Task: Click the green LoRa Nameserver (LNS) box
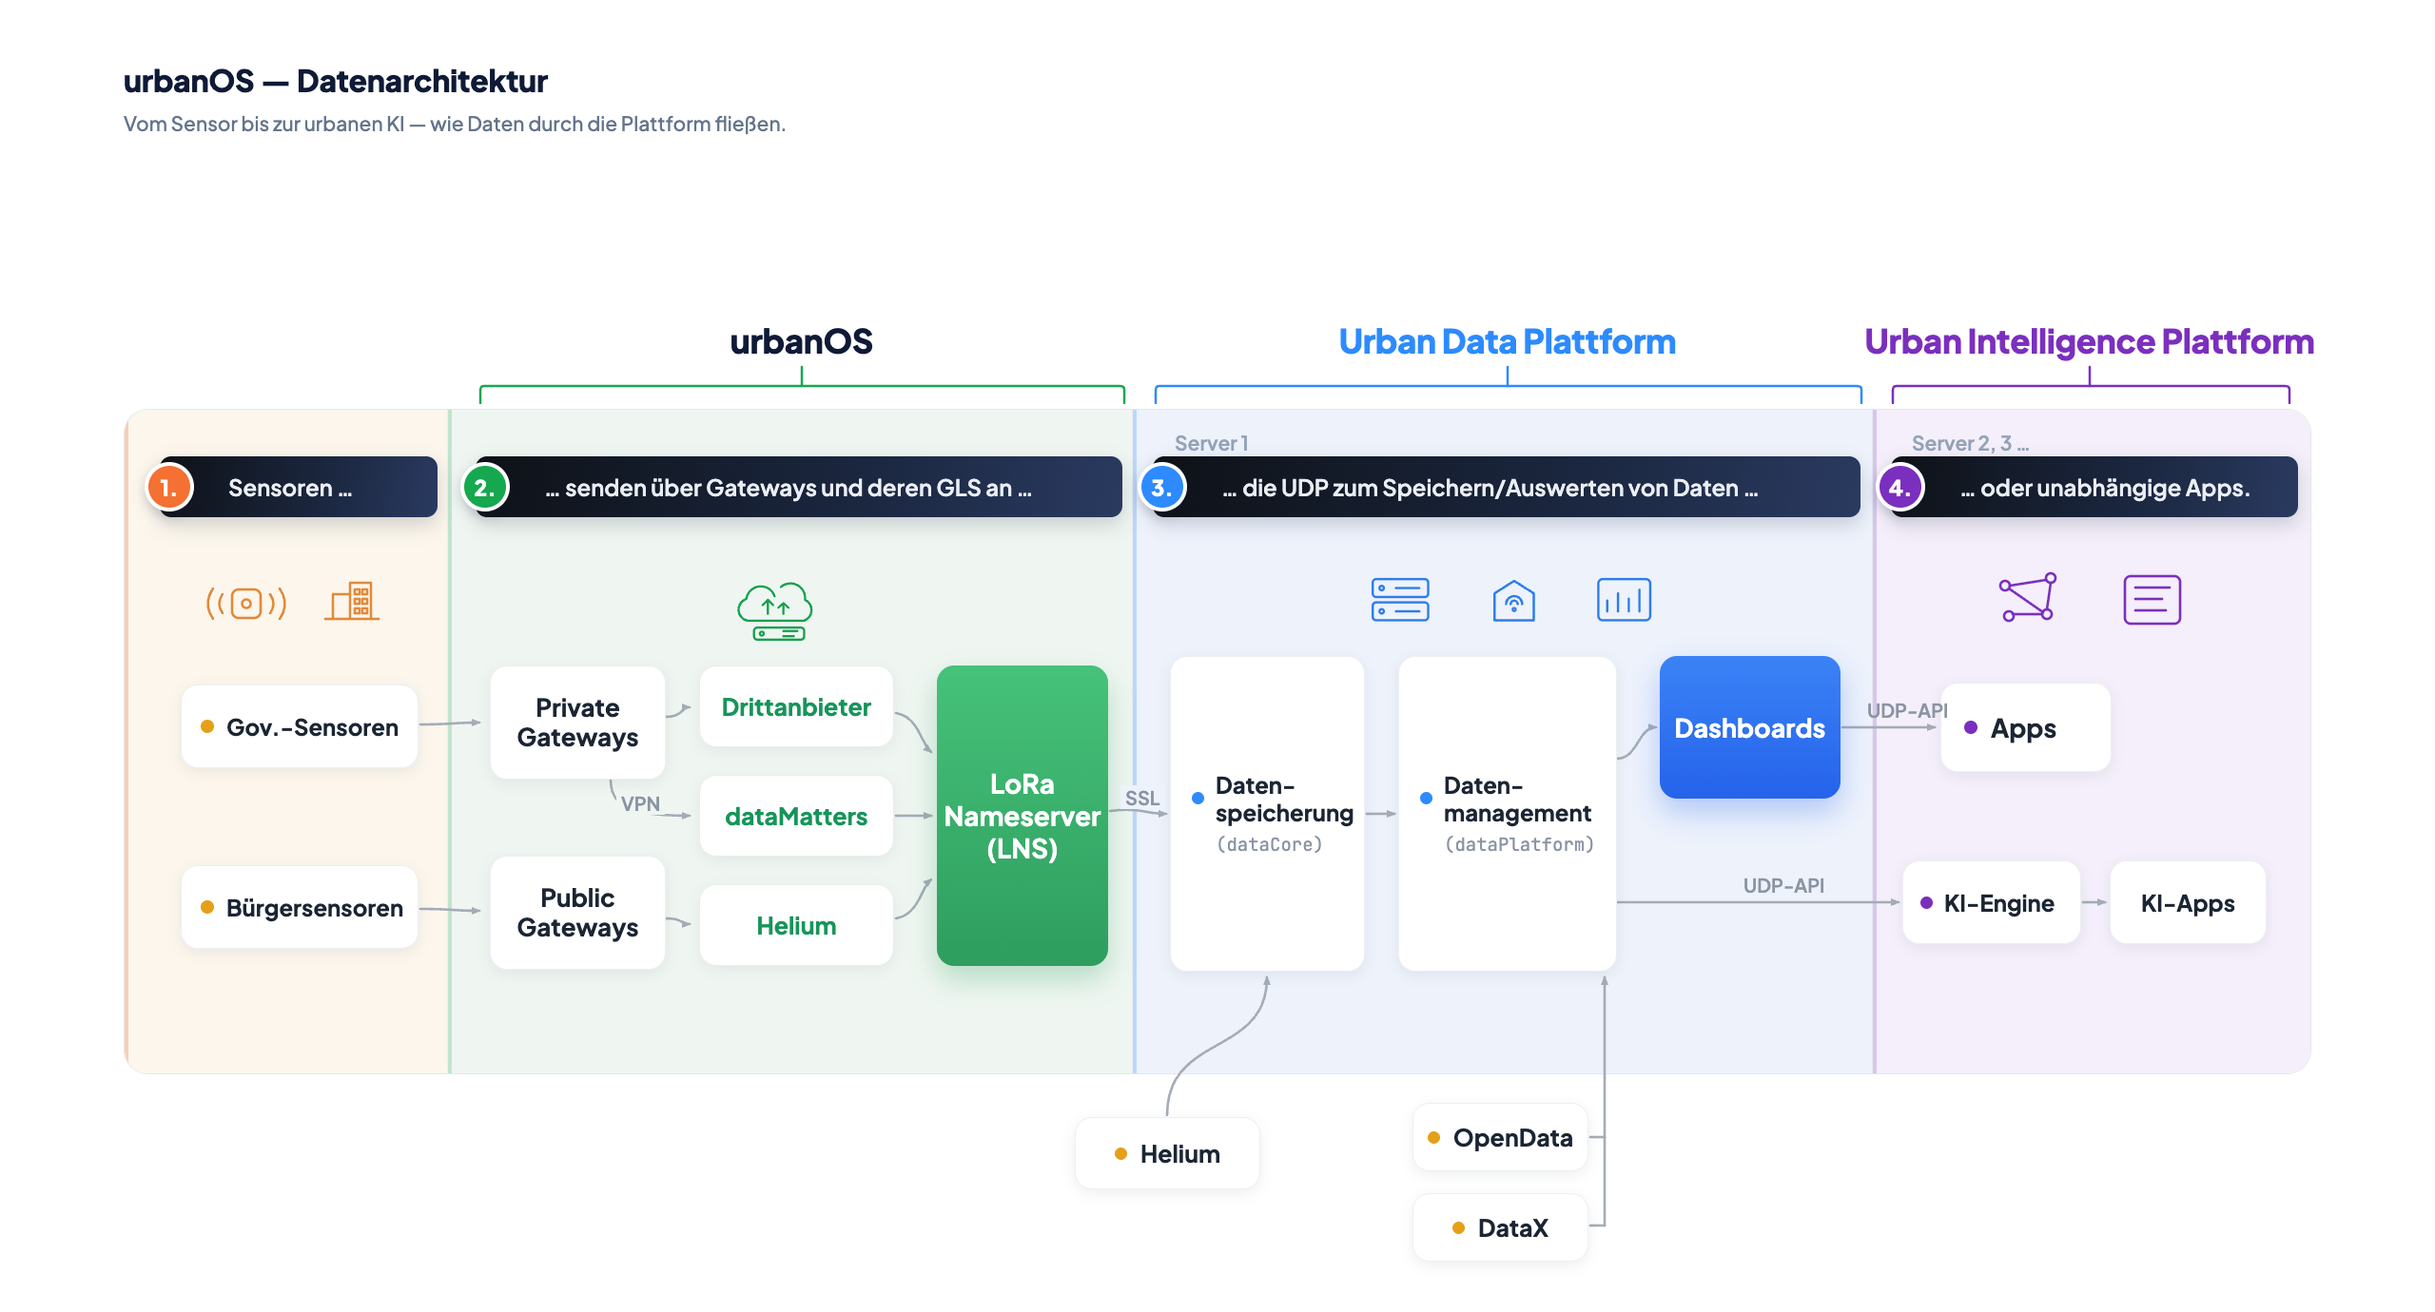click(x=1022, y=816)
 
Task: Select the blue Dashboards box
click(x=1749, y=727)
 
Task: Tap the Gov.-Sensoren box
click(x=300, y=727)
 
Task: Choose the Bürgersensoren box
click(x=300, y=908)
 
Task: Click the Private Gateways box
click(x=577, y=723)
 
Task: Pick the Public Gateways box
click(x=577, y=913)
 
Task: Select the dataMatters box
click(x=796, y=817)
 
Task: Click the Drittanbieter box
click(x=796, y=707)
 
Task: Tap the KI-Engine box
click(x=1991, y=903)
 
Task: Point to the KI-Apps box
click(x=2188, y=903)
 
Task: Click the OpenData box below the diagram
click(x=1501, y=1138)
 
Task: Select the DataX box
click(x=1501, y=1228)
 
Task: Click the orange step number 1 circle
click(x=169, y=488)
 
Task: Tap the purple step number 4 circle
click(x=1900, y=488)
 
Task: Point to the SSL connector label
click(x=1142, y=799)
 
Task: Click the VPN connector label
click(x=640, y=804)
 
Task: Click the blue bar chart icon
click(x=1624, y=600)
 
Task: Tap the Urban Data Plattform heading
click(x=1508, y=341)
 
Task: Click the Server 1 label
click(x=1211, y=443)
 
